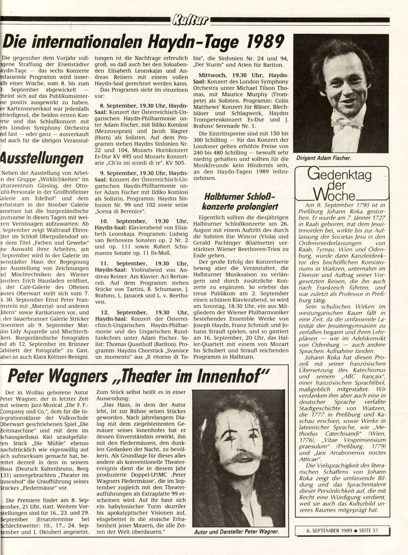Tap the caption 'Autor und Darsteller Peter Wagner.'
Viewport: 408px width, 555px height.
click(237, 532)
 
